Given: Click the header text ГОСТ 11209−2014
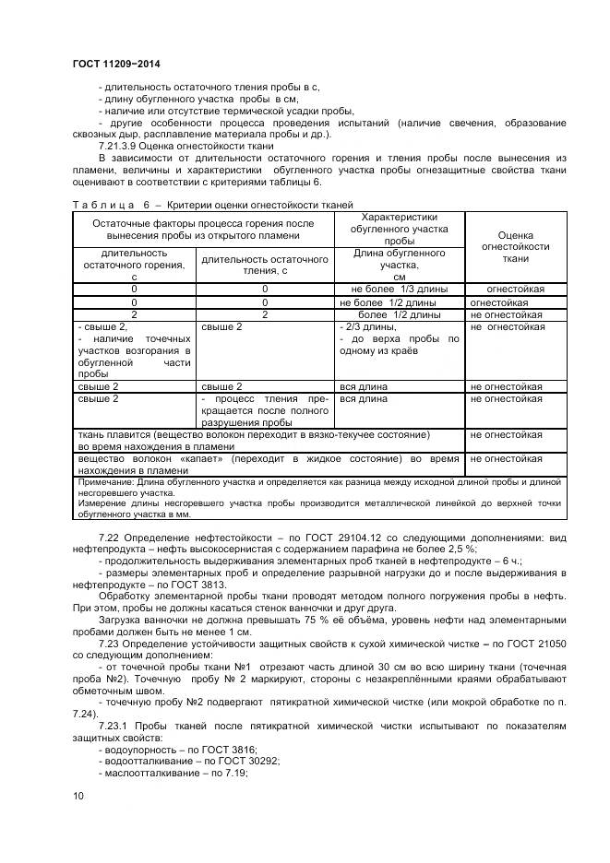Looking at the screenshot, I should click(x=109, y=63).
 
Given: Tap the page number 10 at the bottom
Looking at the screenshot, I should click(x=78, y=795).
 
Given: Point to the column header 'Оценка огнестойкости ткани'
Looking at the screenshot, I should click(x=510, y=247).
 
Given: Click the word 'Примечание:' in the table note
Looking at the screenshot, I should click(x=107, y=481).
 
